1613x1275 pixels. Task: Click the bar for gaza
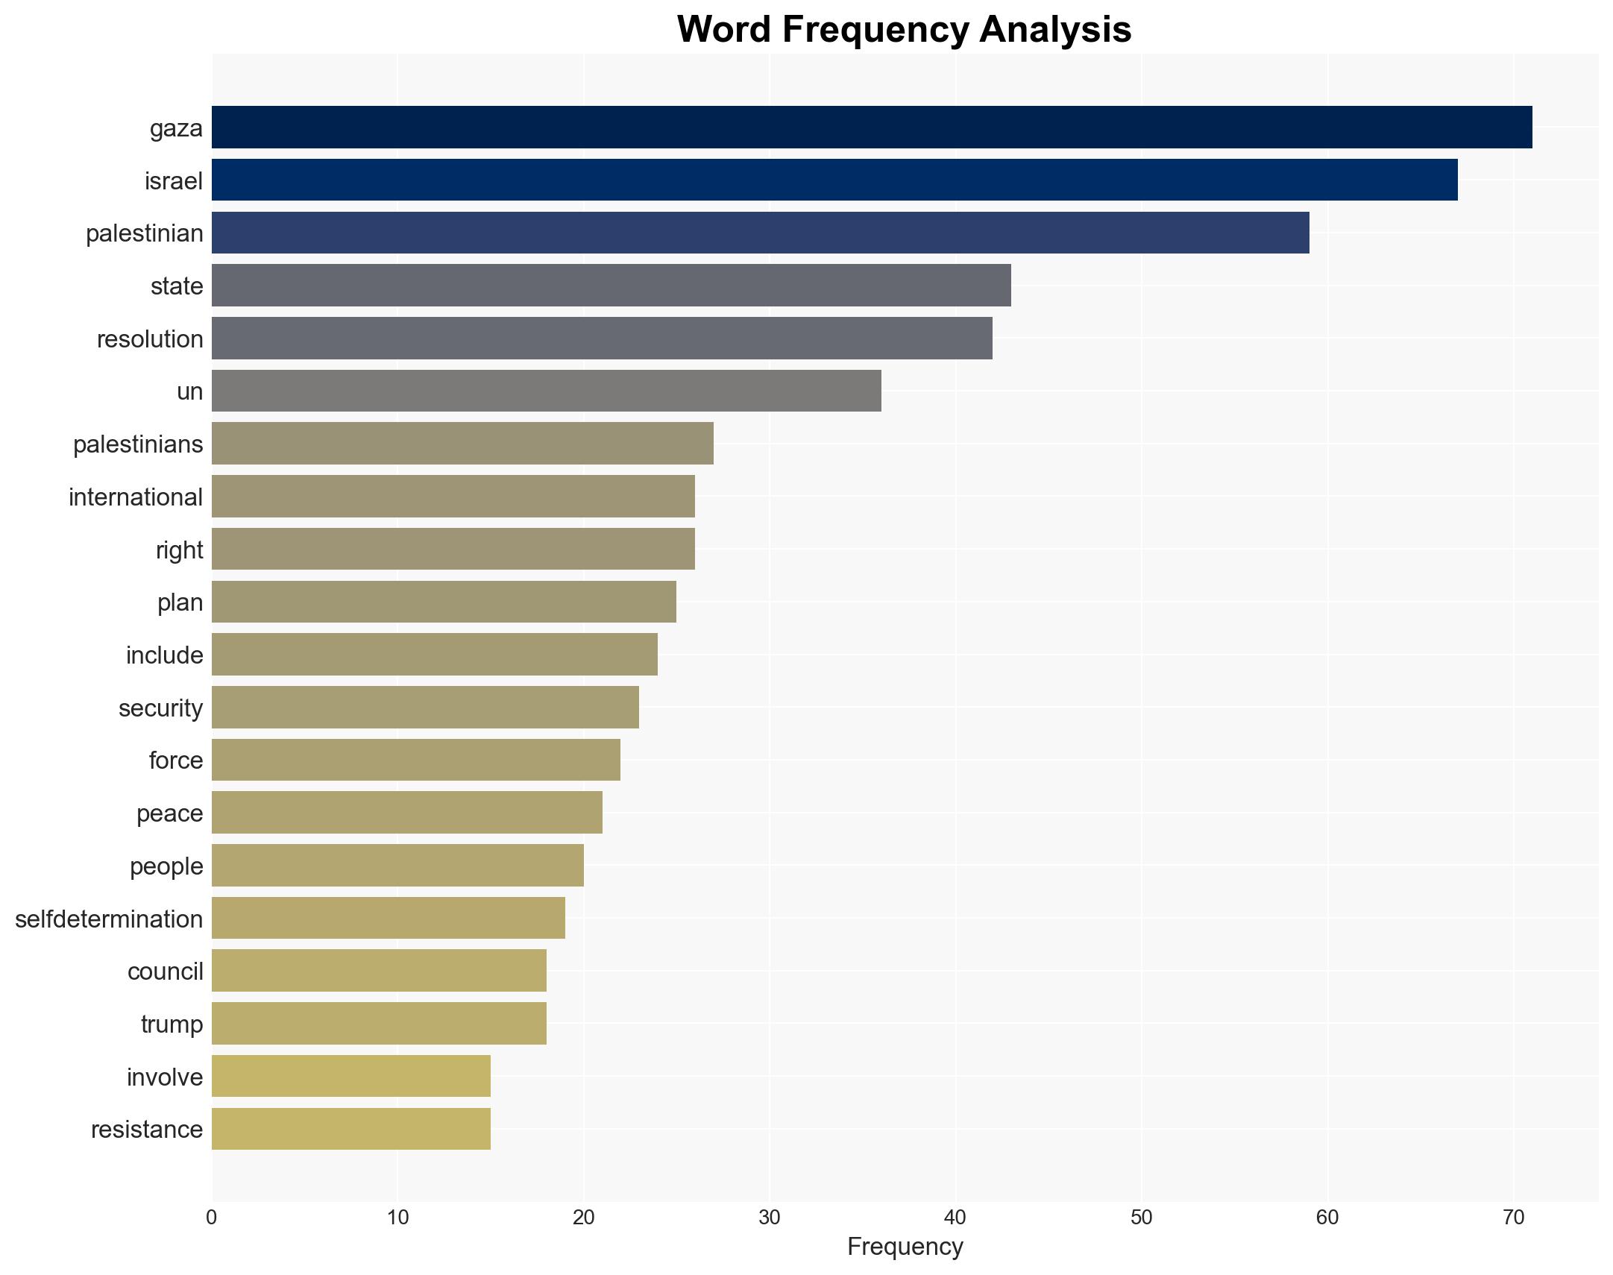pos(871,127)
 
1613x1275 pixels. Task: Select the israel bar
pos(834,180)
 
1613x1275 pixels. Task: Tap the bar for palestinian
pos(760,233)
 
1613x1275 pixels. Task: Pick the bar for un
pos(546,391)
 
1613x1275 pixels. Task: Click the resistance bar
pos(350,1129)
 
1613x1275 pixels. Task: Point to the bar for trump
pos(378,1024)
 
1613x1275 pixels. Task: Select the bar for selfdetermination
pos(388,918)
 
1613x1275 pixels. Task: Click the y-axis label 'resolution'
pos(150,339)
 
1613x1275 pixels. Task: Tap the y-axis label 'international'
pos(136,497)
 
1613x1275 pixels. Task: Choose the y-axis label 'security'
pos(160,708)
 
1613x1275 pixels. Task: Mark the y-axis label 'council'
pos(165,972)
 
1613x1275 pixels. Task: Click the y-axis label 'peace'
pos(169,813)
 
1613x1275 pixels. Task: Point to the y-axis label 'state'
pos(177,286)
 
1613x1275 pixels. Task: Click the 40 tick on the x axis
pos(955,1218)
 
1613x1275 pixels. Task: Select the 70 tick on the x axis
pos(1513,1218)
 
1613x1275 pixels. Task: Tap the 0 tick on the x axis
pos(212,1218)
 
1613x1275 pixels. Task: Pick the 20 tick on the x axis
pos(584,1218)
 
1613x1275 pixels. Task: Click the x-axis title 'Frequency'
pos(905,1247)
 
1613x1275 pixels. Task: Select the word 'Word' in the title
pos(723,30)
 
